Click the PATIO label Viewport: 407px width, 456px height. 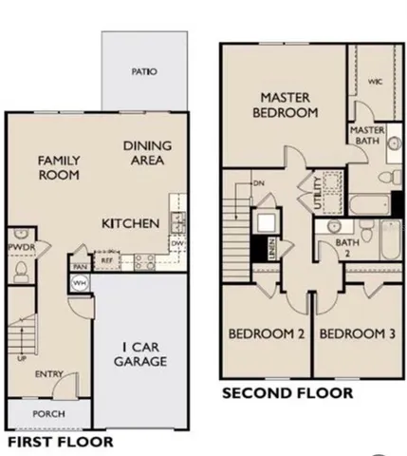[144, 72]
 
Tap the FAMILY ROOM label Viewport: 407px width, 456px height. [59, 168]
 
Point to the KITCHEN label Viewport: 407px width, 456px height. [131, 224]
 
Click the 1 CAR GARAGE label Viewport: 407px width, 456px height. [144, 353]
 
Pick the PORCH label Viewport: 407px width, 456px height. [48, 414]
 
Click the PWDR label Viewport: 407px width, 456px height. [21, 246]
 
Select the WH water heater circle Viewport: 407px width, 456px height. [80, 284]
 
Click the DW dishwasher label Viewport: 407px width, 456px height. [176, 243]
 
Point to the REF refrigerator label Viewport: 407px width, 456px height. [107, 258]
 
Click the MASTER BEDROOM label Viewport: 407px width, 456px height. [288, 104]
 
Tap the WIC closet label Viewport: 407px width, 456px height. [374, 82]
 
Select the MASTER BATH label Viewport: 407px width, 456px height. [366, 136]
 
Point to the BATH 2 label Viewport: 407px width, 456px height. [348, 248]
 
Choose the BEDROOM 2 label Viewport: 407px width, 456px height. [266, 333]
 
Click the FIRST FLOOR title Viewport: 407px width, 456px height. [60, 442]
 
